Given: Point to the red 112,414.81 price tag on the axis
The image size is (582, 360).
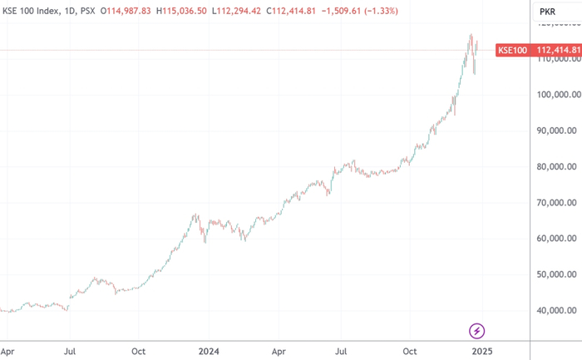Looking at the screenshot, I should (x=555, y=51).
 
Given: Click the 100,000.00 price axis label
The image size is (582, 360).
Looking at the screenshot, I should (x=556, y=95).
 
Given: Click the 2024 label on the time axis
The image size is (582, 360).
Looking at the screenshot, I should (x=209, y=351).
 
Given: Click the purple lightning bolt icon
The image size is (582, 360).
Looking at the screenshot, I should (x=477, y=331).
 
